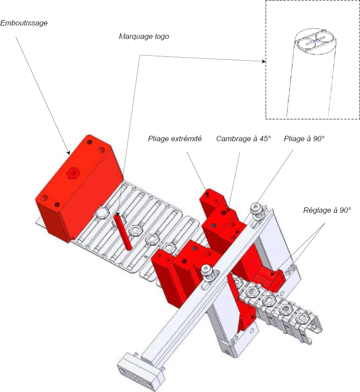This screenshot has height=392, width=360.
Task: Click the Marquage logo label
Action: (144, 37)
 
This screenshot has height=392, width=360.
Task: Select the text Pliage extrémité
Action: (175, 139)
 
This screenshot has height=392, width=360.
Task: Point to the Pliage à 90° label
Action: (304, 139)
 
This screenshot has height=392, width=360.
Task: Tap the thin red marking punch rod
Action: (123, 231)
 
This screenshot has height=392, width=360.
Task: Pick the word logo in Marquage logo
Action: (162, 37)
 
